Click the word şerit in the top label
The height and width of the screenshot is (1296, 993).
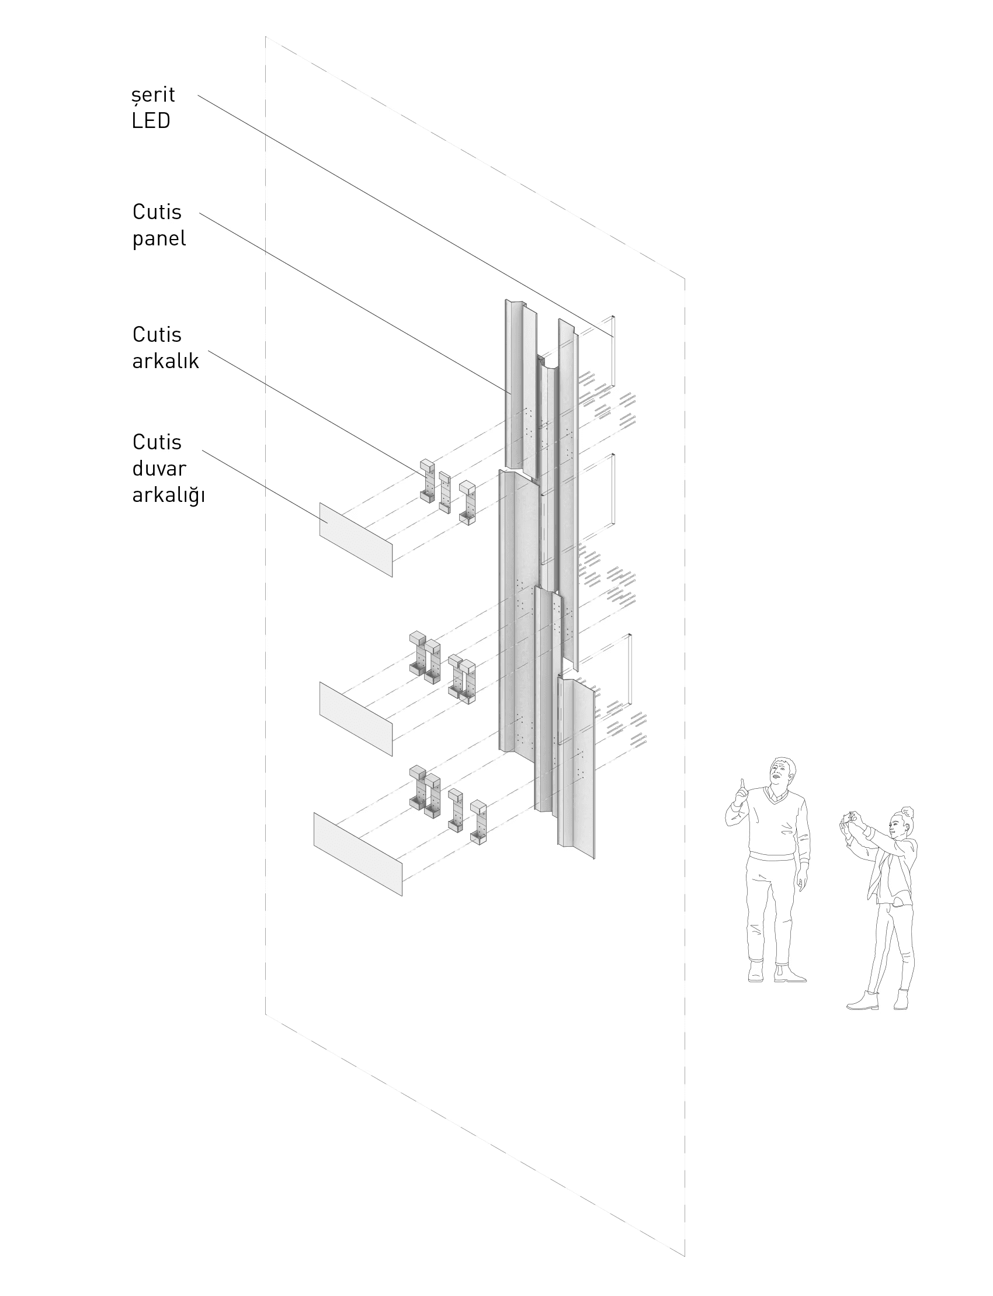154,95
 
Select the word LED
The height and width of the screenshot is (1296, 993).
151,120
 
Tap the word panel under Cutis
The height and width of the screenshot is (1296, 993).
159,239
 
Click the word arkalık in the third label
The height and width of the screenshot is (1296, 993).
165,361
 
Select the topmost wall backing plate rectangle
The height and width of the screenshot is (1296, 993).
356,539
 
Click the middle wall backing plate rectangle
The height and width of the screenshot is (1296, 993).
356,718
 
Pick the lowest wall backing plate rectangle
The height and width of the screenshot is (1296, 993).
357,854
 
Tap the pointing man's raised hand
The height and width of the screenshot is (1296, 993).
741,793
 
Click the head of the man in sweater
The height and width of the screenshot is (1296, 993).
782,772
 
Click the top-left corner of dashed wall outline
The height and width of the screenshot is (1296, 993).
265,37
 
